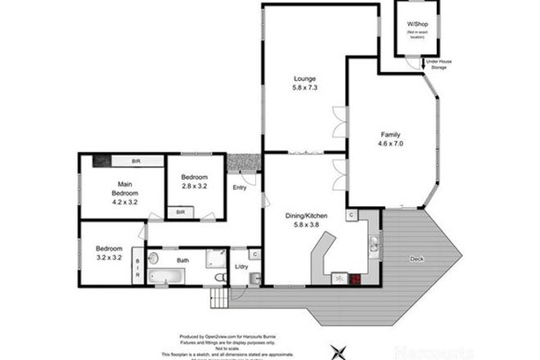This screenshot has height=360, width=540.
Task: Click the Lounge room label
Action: pyautogui.click(x=305, y=79)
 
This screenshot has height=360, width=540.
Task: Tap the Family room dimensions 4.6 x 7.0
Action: pyautogui.click(x=392, y=143)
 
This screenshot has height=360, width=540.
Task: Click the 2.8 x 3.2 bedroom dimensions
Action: pyautogui.click(x=195, y=186)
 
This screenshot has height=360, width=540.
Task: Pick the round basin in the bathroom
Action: pyautogui.click(x=154, y=258)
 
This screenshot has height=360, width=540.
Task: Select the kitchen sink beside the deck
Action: pyautogui.click(x=372, y=243)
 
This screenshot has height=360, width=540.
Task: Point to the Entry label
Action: pyautogui.click(x=240, y=188)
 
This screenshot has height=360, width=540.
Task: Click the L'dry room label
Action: pyautogui.click(x=242, y=268)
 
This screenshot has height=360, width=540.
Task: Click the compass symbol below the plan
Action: pyautogui.click(x=337, y=351)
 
